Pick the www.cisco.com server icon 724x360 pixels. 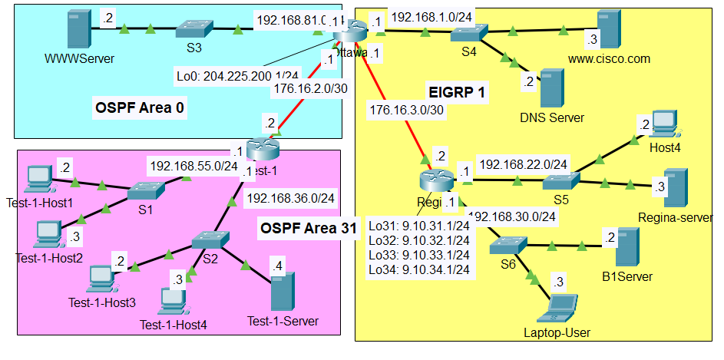click(x=609, y=28)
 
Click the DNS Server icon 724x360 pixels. click(x=550, y=89)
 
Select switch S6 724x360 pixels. click(x=508, y=245)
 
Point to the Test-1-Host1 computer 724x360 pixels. click(x=37, y=178)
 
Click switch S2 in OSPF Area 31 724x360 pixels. click(x=207, y=239)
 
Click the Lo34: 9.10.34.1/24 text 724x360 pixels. click(x=418, y=270)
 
